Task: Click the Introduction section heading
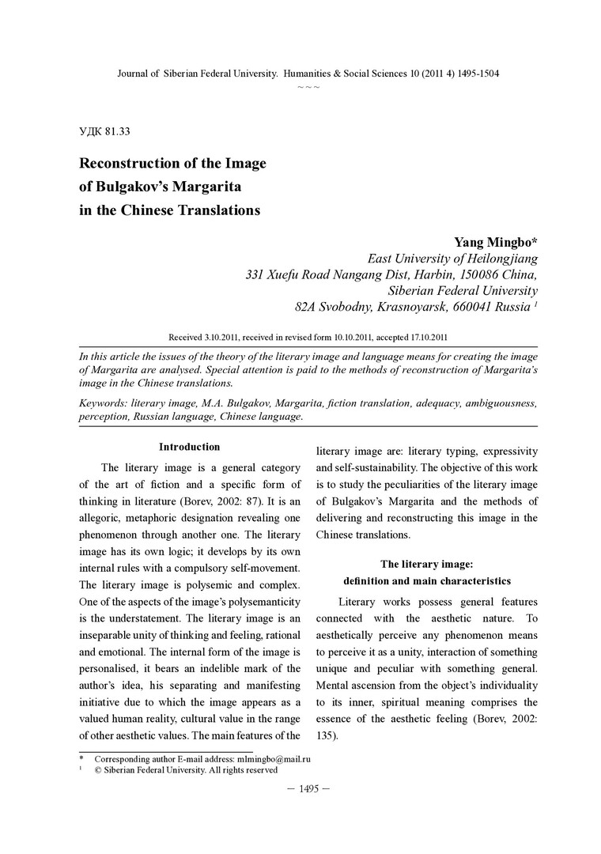pyautogui.click(x=190, y=447)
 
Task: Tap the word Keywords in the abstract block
pyautogui.click(x=104, y=403)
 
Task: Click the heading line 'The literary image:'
pyautogui.click(x=426, y=564)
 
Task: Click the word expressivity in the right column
pyautogui.click(x=506, y=451)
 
